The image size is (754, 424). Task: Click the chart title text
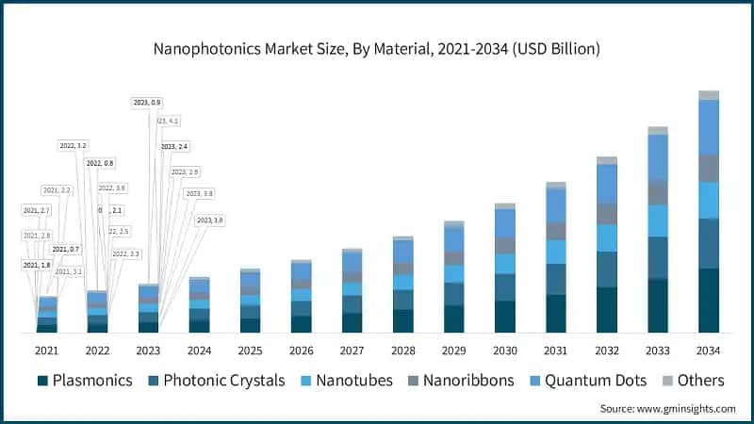[x=376, y=46]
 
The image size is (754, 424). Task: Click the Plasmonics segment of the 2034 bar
[x=709, y=300]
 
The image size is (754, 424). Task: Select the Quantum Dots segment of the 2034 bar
[x=709, y=126]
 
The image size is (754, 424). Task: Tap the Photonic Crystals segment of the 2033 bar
[x=658, y=257]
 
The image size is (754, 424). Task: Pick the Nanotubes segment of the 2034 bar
[x=709, y=200]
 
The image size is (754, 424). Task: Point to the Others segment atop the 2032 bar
[x=607, y=160]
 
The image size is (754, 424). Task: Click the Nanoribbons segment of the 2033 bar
[x=658, y=192]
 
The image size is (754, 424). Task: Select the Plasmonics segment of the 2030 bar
[x=505, y=316]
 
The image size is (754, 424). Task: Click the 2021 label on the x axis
[x=47, y=351]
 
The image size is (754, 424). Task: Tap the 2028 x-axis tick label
[x=403, y=351]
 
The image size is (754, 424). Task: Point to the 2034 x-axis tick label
[x=709, y=351]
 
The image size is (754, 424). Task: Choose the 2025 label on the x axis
[x=251, y=351]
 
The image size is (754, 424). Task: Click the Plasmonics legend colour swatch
[x=43, y=381]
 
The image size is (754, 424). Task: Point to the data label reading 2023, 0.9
[x=146, y=102]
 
